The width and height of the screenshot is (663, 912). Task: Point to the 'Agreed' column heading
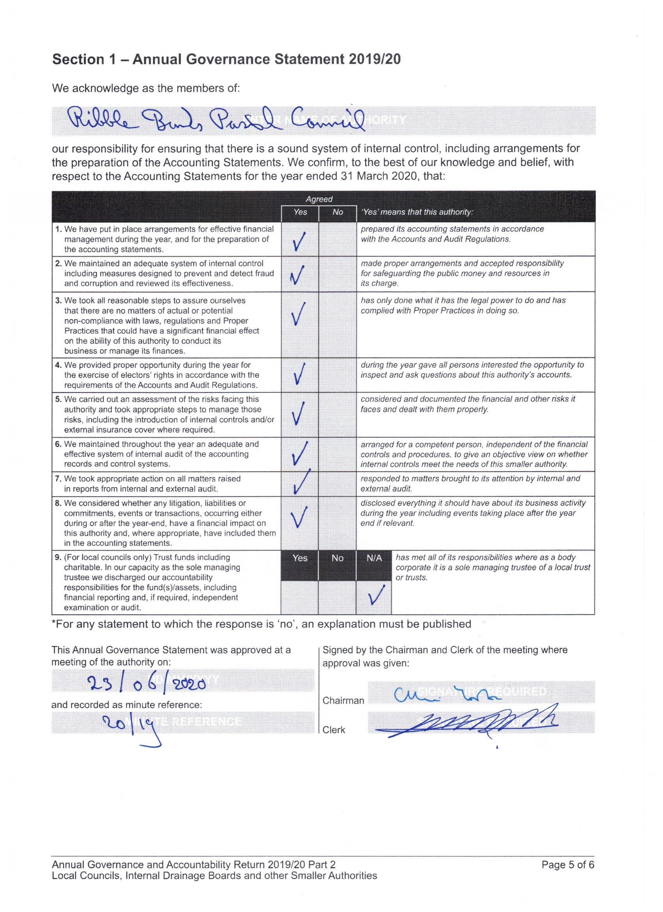pyautogui.click(x=319, y=199)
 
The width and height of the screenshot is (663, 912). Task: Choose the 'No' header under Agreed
pyautogui.click(x=338, y=212)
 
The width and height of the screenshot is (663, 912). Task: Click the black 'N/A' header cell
pyautogui.click(x=374, y=558)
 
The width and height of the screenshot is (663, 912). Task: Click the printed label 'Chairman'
pyautogui.click(x=343, y=701)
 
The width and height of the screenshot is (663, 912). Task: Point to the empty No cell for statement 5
pyautogui.click(x=337, y=415)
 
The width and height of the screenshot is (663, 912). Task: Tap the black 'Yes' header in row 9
pyautogui.click(x=300, y=558)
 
